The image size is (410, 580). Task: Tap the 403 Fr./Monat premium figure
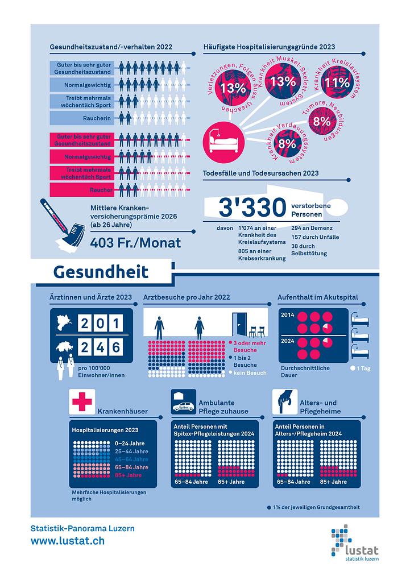click(136, 243)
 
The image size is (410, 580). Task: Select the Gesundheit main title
click(101, 271)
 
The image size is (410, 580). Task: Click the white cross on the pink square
click(81, 401)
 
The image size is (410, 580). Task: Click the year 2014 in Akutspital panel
click(287, 314)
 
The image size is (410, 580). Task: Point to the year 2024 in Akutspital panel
click(287, 342)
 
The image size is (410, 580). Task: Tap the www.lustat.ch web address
click(67, 541)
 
